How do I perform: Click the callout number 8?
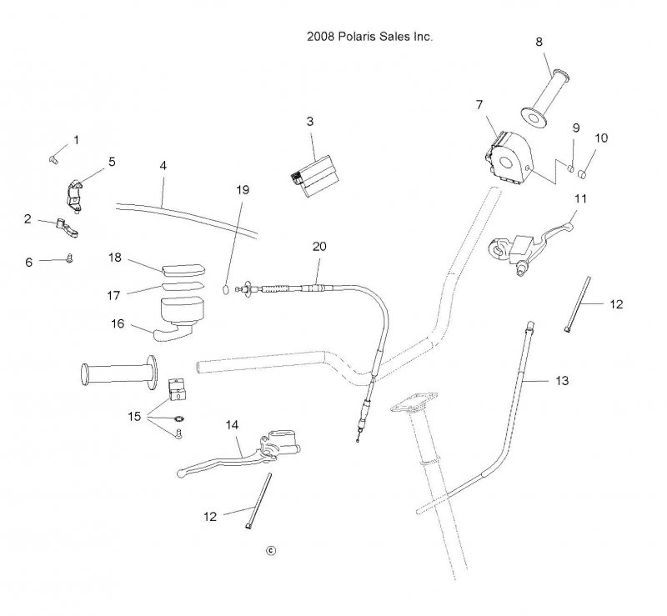click(539, 41)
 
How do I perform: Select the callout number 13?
click(562, 380)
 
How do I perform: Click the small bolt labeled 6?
click(70, 259)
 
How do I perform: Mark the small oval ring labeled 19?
click(226, 289)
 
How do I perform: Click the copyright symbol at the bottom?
click(269, 549)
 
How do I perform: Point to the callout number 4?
click(163, 165)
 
